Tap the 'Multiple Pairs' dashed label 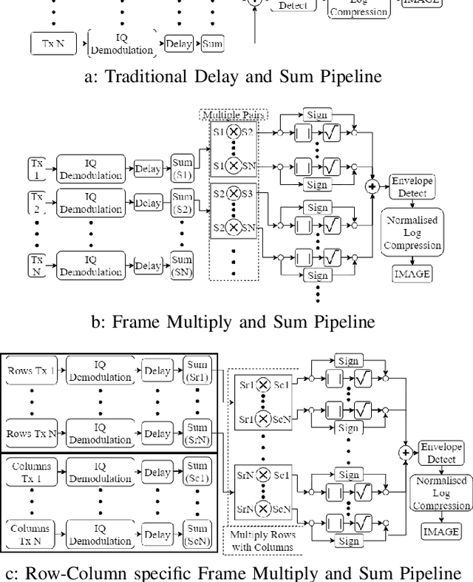(233, 116)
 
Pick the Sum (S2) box (183, 203)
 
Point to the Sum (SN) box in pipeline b (183, 263)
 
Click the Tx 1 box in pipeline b (36, 168)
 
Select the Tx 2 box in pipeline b (36, 203)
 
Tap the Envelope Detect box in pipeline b (412, 187)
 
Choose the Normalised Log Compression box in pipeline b (412, 234)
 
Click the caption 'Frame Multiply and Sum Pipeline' (236, 321)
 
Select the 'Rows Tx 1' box (30, 369)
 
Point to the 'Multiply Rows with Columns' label (262, 540)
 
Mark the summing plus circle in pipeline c (404, 453)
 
